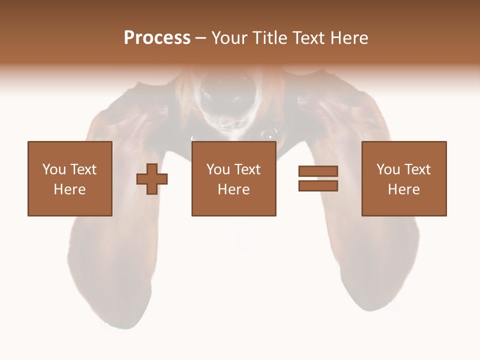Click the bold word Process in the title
pyautogui.click(x=157, y=38)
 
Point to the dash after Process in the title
pyautogui.click(x=200, y=38)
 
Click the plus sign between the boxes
pyautogui.click(x=152, y=179)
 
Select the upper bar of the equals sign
pyautogui.click(x=318, y=171)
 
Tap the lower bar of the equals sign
pyautogui.click(x=318, y=186)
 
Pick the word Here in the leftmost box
pyautogui.click(x=69, y=189)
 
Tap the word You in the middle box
pyautogui.click(x=217, y=169)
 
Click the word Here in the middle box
pyautogui.click(x=233, y=189)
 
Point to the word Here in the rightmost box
pyautogui.click(x=403, y=189)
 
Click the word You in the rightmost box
pyautogui.click(x=387, y=169)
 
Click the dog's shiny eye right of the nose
pyautogui.click(x=268, y=133)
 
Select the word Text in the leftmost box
pyautogui.click(x=83, y=169)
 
